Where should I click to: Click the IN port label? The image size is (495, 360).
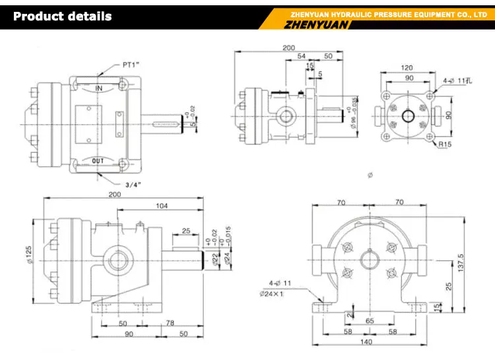(98, 88)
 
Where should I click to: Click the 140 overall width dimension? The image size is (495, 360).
(365, 342)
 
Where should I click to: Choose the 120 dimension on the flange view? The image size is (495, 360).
(407, 68)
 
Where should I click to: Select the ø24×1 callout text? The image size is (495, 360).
(271, 293)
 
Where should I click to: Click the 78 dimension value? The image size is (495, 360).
(170, 324)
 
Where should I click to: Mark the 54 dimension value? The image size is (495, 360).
(302, 57)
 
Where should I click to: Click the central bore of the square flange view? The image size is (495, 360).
(407, 115)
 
